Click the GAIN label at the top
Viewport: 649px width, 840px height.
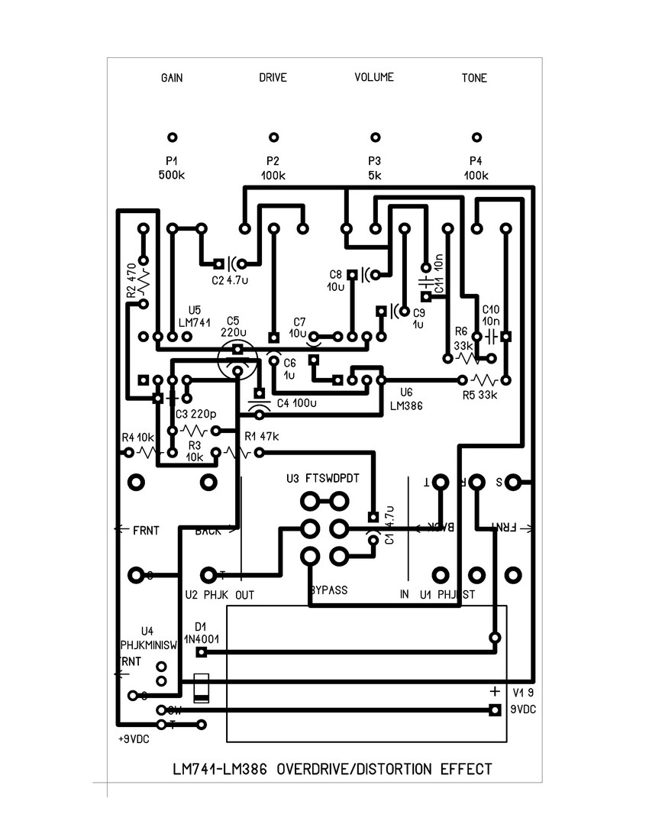click(172, 78)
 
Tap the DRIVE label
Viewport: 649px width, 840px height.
click(273, 78)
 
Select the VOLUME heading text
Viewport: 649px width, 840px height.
click(374, 77)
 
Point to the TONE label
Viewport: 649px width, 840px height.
click(474, 78)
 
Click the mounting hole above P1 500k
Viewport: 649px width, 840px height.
click(173, 137)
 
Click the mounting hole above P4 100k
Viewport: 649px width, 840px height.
click(476, 137)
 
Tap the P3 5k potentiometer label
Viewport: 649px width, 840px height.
click(374, 168)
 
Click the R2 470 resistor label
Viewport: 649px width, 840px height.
click(131, 280)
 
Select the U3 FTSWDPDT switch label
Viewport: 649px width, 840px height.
click(322, 479)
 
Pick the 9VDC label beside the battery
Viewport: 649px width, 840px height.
click(524, 709)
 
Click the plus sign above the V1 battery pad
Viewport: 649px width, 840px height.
click(494, 691)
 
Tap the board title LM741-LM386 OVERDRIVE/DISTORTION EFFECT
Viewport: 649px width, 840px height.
click(333, 769)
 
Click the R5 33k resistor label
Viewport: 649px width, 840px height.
click(479, 395)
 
